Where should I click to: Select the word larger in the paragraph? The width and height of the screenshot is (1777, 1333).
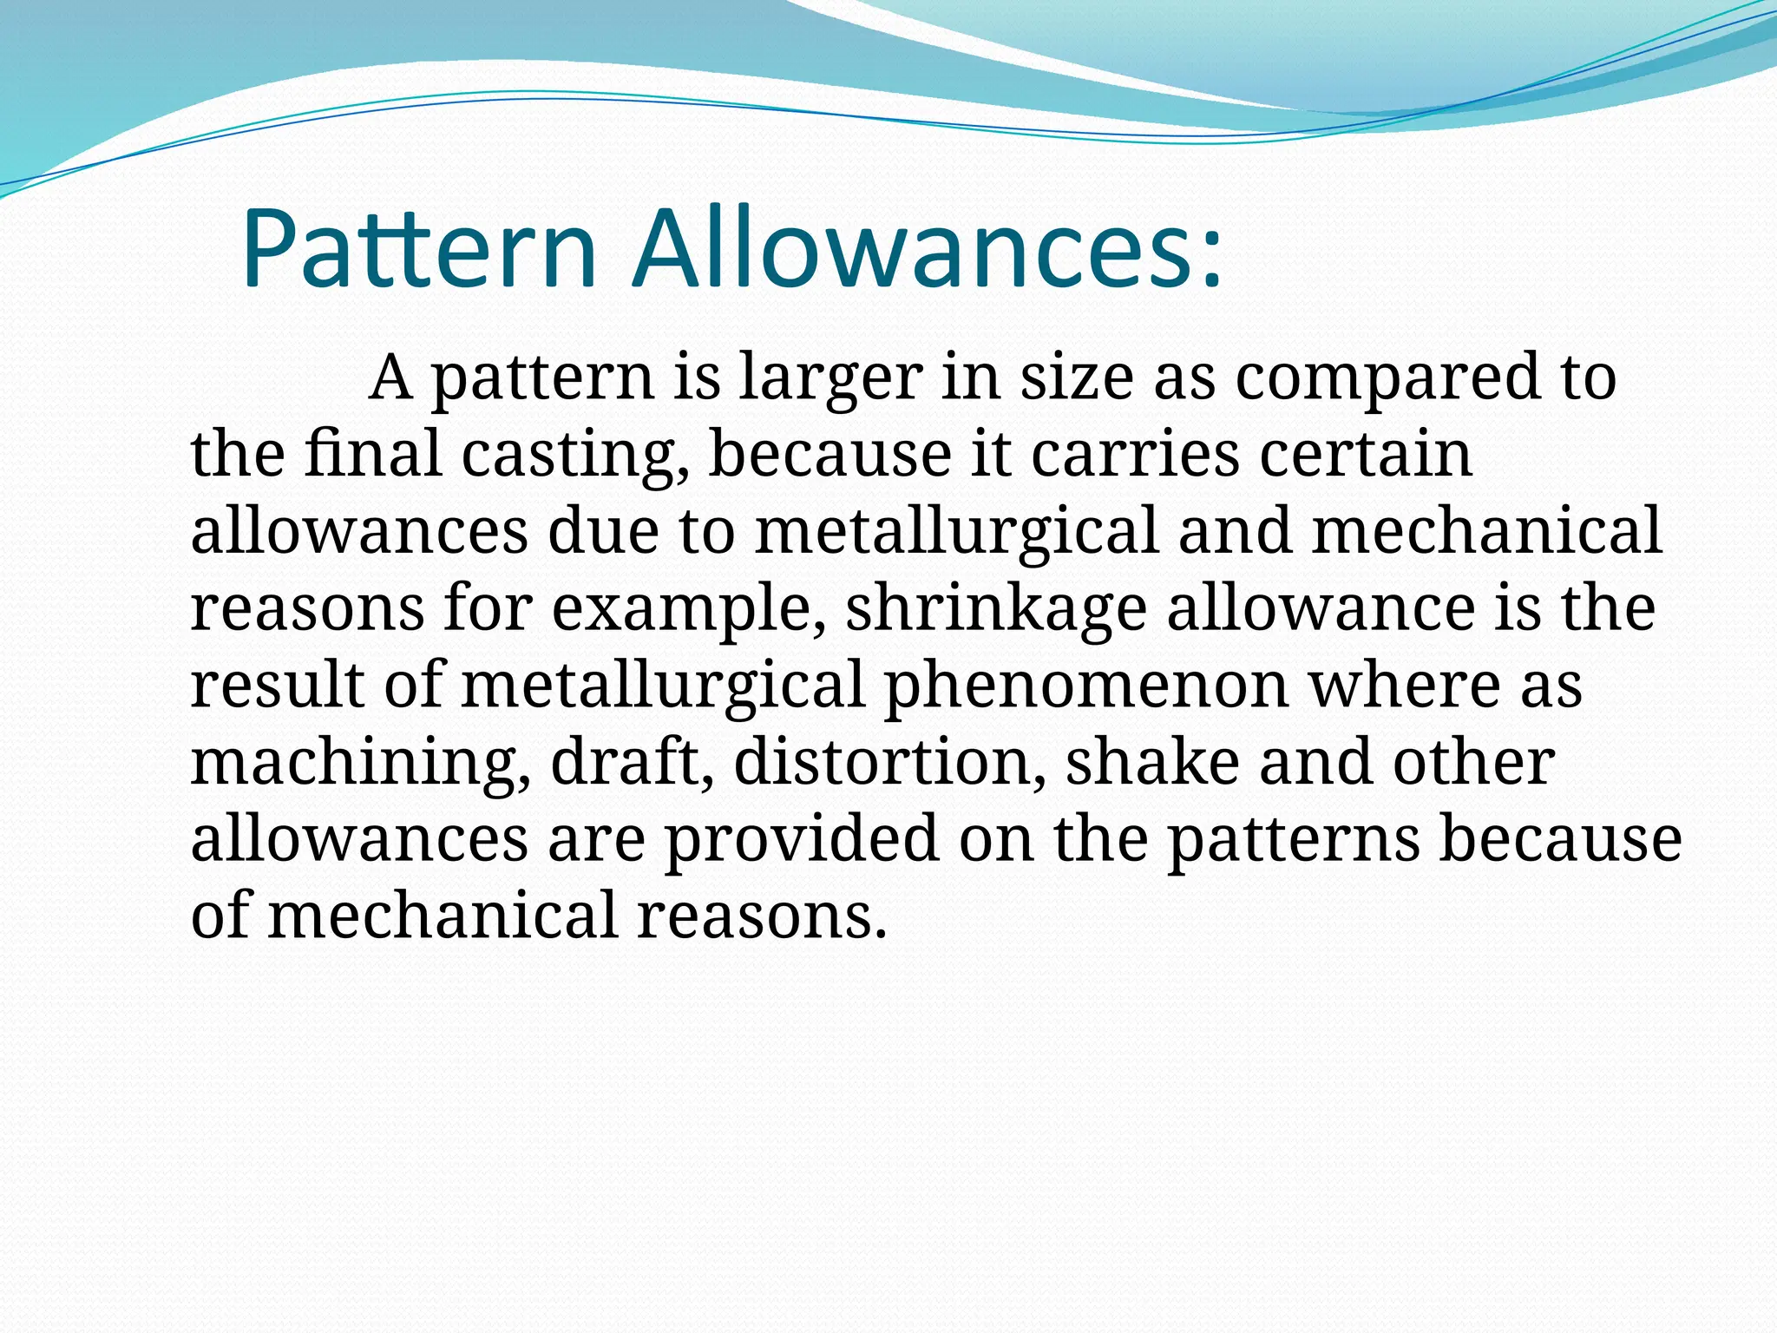(830, 378)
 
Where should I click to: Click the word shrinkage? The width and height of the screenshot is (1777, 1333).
(995, 609)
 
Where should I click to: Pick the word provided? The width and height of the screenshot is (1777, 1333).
(802, 840)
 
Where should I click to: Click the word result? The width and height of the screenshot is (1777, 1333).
(277, 686)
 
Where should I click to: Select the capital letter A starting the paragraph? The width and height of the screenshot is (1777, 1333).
(390, 378)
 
